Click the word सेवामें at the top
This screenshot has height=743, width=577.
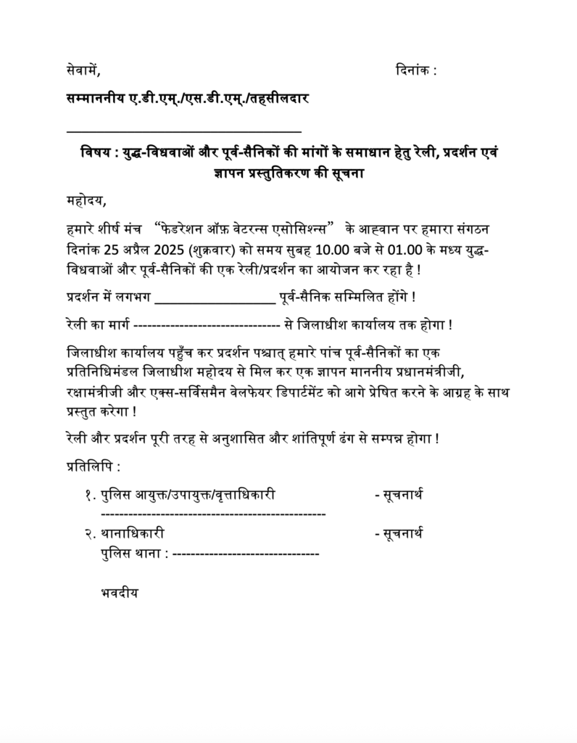tap(82, 70)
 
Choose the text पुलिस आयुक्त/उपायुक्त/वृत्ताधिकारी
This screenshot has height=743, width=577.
tap(188, 496)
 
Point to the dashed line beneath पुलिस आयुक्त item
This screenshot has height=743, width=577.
tap(212, 513)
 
